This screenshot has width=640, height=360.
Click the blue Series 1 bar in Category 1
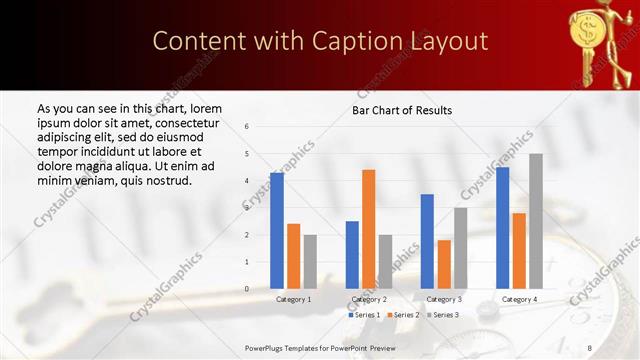pos(277,231)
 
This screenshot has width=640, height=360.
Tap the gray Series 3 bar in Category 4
pos(536,221)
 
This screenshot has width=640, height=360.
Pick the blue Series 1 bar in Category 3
pos(427,241)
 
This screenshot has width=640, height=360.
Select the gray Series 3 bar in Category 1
pos(310,262)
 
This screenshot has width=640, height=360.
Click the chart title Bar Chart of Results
pos(402,110)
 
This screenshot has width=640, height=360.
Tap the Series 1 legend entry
pos(364,315)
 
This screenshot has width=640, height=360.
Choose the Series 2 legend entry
pos(403,315)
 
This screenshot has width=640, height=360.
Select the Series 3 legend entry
pos(443,315)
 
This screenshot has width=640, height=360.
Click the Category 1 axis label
pos(293,299)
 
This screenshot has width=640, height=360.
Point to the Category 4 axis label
pos(519,299)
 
